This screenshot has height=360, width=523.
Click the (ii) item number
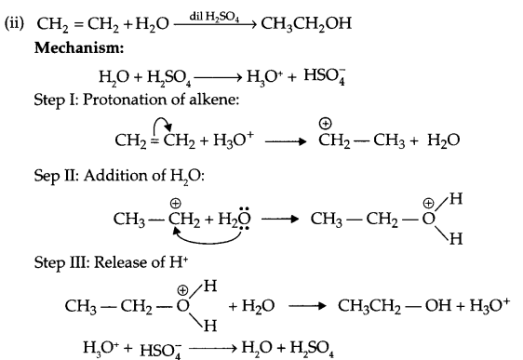16,20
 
